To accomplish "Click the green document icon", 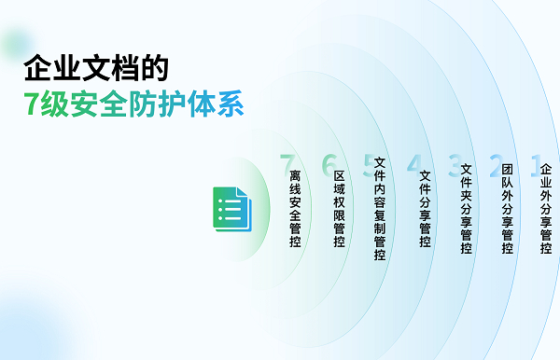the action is point(232,209).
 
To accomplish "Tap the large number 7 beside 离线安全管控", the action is point(287,165).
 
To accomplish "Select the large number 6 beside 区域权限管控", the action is point(329,165).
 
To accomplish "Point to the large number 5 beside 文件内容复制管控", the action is point(370,165).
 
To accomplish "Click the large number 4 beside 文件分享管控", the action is point(414,165).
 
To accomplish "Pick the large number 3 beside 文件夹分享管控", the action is point(455,165).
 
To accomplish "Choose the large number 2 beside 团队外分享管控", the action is point(497,165).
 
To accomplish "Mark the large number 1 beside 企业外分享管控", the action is point(536,165).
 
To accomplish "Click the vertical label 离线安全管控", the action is point(295,208).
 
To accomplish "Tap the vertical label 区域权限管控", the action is point(339,208).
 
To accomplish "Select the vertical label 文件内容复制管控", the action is point(380,208).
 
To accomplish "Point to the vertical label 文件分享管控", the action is point(425,208).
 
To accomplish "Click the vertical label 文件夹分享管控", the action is point(466,208).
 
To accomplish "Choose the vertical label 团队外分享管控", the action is point(507,208).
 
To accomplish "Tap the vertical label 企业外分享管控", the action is point(546,208).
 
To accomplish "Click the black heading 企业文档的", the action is point(96,68).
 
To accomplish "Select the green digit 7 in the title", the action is point(31,104).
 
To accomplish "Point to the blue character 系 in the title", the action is point(231,104).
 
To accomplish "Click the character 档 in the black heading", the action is point(125,68).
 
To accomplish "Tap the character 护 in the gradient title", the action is point(172,104).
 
